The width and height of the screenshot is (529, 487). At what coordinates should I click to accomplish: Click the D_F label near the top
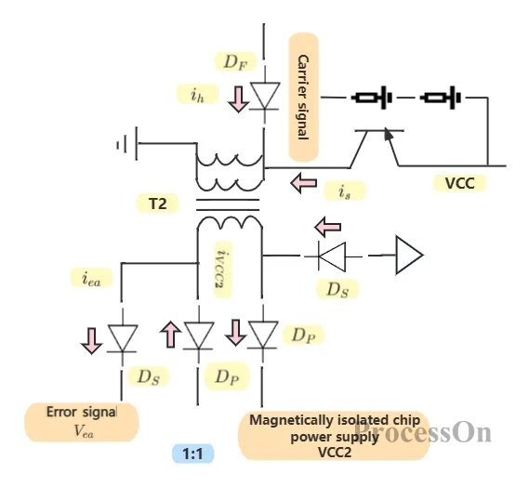pyautogui.click(x=236, y=61)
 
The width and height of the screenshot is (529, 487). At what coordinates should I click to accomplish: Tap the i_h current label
pyautogui.click(x=198, y=94)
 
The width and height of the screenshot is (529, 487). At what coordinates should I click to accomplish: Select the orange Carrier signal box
pyautogui.click(x=303, y=98)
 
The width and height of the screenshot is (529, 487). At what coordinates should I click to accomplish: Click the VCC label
pyautogui.click(x=460, y=183)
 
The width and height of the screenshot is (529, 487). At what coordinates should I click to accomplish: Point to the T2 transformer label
pyautogui.click(x=157, y=204)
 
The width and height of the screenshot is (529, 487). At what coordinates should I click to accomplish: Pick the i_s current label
pyautogui.click(x=345, y=191)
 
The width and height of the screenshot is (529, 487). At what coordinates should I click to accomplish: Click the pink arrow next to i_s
pyautogui.click(x=304, y=183)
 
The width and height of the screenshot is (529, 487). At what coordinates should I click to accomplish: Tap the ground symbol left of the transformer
pyautogui.click(x=127, y=144)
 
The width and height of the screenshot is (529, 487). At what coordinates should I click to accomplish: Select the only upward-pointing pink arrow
pyautogui.click(x=170, y=334)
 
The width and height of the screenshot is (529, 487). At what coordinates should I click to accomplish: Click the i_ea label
pyautogui.click(x=91, y=278)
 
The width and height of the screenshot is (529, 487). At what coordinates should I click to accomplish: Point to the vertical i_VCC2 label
pyautogui.click(x=223, y=270)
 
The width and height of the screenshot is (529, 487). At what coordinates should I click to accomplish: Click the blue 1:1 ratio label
pyautogui.click(x=193, y=454)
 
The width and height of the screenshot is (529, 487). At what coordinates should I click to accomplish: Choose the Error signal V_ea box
pyautogui.click(x=82, y=422)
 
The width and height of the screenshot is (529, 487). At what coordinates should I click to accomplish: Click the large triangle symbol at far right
pyautogui.click(x=409, y=256)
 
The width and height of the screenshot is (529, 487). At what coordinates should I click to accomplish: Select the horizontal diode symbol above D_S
pyautogui.click(x=332, y=257)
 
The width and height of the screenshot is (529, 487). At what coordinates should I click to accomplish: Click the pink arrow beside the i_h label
pyautogui.click(x=239, y=99)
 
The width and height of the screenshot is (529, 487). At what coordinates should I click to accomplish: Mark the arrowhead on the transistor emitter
pyautogui.click(x=389, y=134)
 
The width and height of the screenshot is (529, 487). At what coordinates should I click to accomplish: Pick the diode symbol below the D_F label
pyautogui.click(x=264, y=96)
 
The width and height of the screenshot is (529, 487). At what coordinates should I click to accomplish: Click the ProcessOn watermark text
pyautogui.click(x=423, y=432)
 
